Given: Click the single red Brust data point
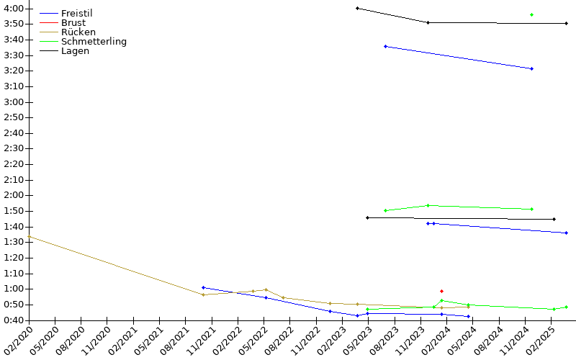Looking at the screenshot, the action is tap(441, 292).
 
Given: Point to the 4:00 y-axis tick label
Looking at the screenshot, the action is tap(14, 9).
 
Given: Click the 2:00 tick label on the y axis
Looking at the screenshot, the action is tap(14, 195).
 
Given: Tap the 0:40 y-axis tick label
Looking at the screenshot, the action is tap(14, 320).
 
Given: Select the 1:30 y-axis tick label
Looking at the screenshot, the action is tap(14, 242).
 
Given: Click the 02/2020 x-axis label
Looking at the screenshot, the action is tap(17, 341).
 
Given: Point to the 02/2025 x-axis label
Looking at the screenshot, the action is tap(539, 341).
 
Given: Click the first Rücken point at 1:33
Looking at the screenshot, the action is tap(30, 237).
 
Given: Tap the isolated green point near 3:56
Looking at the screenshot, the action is tap(531, 14).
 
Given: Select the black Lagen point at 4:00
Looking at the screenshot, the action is tap(357, 8).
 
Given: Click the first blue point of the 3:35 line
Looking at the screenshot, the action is tap(385, 47).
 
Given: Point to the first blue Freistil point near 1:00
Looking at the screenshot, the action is tap(204, 287).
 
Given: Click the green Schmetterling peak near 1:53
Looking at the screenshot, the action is tap(428, 205).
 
